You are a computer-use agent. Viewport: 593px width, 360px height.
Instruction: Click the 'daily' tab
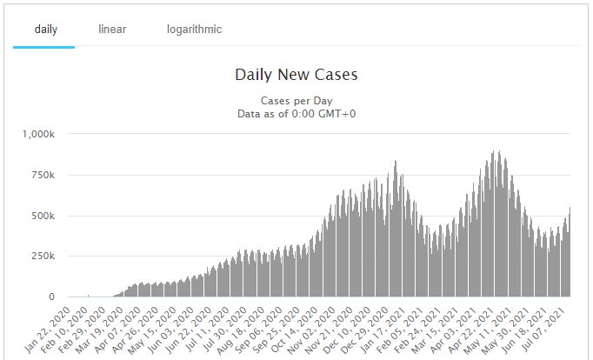[x=45, y=30]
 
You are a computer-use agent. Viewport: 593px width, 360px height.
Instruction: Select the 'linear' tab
[x=112, y=30]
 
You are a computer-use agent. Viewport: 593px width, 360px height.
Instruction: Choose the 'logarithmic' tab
[x=194, y=30]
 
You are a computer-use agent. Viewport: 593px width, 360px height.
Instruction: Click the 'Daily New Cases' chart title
[x=296, y=75]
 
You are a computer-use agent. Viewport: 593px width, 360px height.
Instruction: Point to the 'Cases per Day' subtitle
[x=296, y=101]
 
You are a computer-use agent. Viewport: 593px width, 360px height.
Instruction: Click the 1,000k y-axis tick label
[x=38, y=134]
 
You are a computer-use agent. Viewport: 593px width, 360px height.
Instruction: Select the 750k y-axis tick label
[x=43, y=175]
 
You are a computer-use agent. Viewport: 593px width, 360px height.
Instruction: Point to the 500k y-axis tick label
[x=43, y=216]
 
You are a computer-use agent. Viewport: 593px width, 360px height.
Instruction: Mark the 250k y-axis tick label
[x=43, y=257]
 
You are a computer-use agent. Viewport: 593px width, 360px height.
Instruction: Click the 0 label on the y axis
[x=51, y=297]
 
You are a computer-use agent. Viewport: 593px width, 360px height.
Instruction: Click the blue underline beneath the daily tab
[x=43, y=47]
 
